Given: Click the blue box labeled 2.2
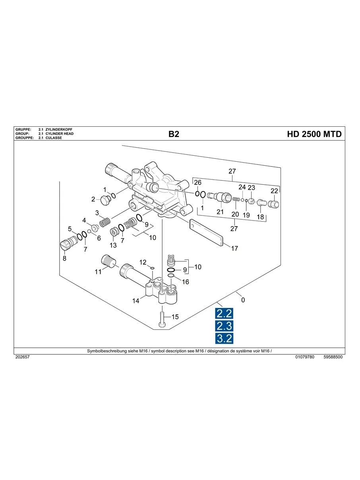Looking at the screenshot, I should click(x=224, y=314).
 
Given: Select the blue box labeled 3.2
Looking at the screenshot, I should click(x=224, y=339).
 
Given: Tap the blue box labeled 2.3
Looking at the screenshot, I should click(x=224, y=326).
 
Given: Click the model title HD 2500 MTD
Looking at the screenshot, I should click(x=314, y=134).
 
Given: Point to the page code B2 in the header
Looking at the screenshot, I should click(x=174, y=134).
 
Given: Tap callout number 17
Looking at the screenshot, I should click(x=234, y=249).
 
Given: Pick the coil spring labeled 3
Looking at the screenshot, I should click(x=105, y=222).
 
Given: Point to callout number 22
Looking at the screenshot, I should click(x=274, y=191).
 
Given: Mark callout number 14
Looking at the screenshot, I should click(x=136, y=301).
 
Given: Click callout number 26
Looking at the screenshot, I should click(x=197, y=182).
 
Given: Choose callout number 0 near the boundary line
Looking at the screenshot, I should click(x=243, y=300).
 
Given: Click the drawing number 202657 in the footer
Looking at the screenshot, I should click(x=22, y=357).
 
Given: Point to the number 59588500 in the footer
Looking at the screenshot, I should click(x=333, y=357).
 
